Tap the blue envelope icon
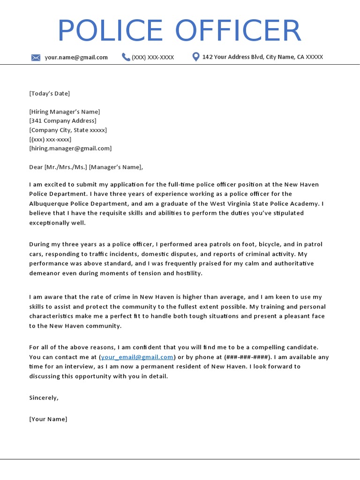coord(36,58)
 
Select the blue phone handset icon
coord(126,57)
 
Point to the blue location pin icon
coord(196,57)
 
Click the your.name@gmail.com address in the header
coord(76,57)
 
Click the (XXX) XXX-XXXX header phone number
coord(153,57)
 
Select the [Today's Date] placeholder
coord(49,93)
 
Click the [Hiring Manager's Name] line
coord(64,112)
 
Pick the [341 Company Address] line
coord(62,120)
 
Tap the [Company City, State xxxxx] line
coord(67,130)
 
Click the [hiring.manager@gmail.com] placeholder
coord(70,148)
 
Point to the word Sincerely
coord(44,397)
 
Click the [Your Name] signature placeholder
coord(48,419)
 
